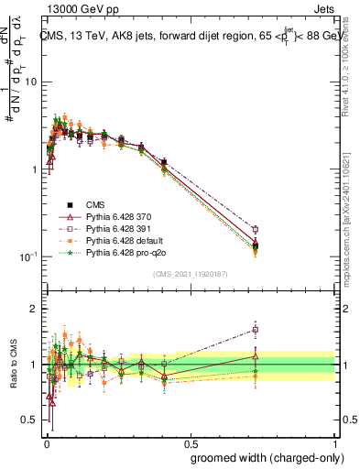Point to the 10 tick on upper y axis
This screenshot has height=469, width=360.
[32, 82]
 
